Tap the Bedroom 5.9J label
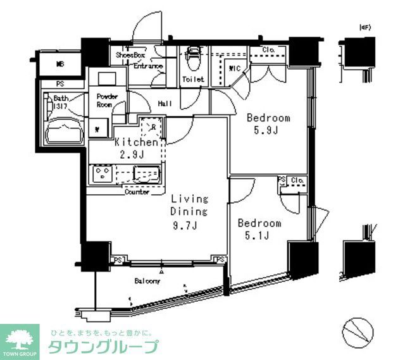[268, 124]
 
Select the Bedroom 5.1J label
[259, 230]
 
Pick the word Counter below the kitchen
[137, 192]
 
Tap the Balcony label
[146, 280]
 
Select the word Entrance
[148, 66]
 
